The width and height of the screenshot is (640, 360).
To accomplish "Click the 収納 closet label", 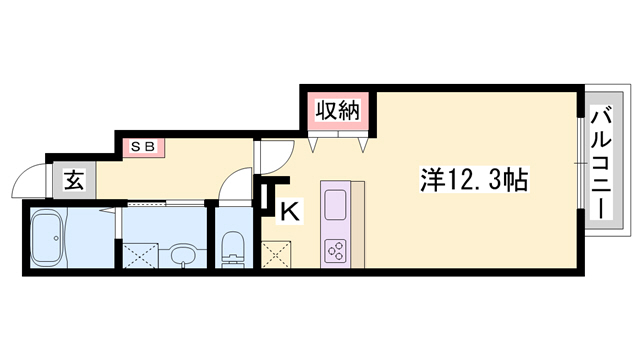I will pyautogui.click(x=339, y=110).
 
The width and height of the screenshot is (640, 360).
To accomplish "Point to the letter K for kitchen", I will pyautogui.click(x=288, y=212).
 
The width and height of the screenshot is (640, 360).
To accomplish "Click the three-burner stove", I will pyautogui.click(x=335, y=250).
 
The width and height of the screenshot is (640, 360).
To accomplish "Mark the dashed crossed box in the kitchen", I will pyautogui.click(x=274, y=254).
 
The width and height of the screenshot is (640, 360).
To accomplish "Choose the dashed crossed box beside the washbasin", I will pyautogui.click(x=140, y=251).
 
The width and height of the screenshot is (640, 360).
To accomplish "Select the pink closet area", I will pyautogui.click(x=339, y=112).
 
